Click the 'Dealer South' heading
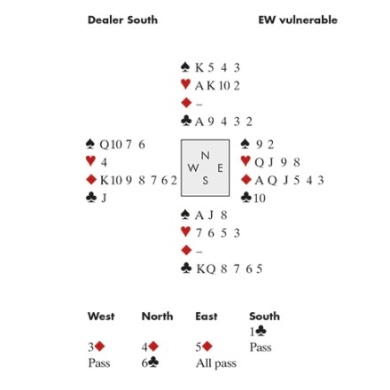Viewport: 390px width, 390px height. tap(122, 20)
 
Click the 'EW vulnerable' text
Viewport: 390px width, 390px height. tap(298, 20)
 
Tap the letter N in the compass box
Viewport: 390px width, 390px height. tap(206, 155)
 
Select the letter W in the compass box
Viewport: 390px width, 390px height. tap(193, 168)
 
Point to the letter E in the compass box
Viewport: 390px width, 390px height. tap(220, 168)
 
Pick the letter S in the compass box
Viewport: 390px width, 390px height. tap(206, 180)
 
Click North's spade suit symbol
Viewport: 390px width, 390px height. tap(185, 67)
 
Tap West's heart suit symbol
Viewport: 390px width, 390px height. tap(90, 161)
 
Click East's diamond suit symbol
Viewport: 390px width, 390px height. tap(246, 179)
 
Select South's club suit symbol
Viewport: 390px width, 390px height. tap(186, 269)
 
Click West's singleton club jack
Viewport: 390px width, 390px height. tap(104, 198)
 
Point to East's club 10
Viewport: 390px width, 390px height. tap(260, 198)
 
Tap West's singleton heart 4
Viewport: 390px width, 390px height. tap(104, 162)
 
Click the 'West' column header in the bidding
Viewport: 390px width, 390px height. tap(101, 316)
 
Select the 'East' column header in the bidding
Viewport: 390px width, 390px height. tap(207, 316)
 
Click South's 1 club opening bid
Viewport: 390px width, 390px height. tap(258, 331)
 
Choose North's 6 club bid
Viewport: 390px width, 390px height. tap(150, 363)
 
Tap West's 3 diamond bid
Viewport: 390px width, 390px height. tap(97, 347)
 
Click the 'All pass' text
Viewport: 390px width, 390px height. tap(216, 363)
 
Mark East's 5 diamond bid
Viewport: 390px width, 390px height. tap(204, 347)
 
